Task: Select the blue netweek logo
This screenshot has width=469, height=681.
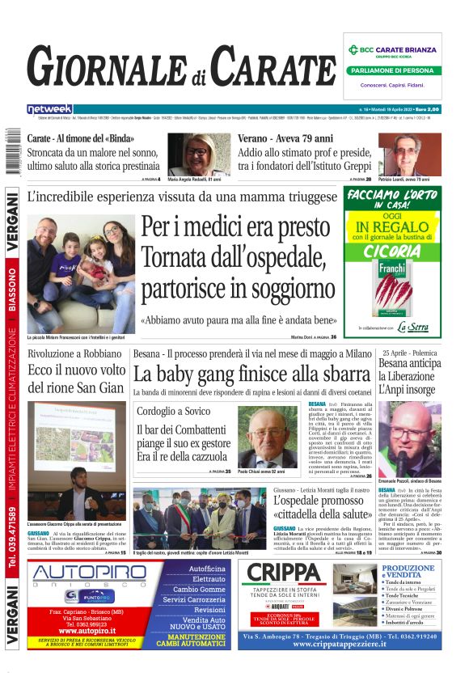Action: point(49,109)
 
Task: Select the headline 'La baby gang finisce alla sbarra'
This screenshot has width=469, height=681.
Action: point(251,374)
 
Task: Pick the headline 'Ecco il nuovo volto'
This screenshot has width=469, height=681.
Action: point(77,370)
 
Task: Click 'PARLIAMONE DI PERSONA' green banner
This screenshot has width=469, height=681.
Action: point(392,70)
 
